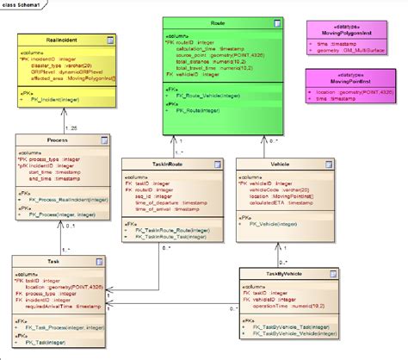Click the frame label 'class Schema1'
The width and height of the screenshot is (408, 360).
click(22, 5)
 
